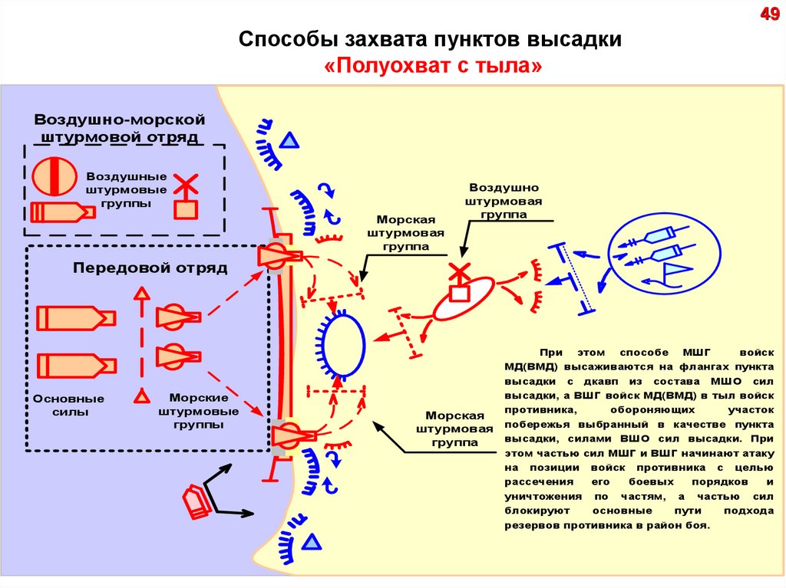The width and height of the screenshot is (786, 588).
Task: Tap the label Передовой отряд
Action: click(x=150, y=268)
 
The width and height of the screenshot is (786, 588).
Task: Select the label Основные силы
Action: click(x=68, y=406)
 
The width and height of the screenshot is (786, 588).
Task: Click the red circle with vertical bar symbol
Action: click(x=54, y=176)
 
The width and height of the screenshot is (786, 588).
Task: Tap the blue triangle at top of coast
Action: click(x=289, y=140)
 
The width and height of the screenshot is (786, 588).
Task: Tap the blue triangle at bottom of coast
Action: click(x=310, y=543)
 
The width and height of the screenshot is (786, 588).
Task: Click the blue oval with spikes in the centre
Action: click(x=344, y=348)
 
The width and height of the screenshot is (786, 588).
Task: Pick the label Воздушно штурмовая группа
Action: click(x=504, y=201)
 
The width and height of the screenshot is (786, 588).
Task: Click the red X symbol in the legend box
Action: click(x=185, y=185)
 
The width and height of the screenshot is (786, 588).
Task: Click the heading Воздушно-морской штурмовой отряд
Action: click(x=120, y=129)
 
